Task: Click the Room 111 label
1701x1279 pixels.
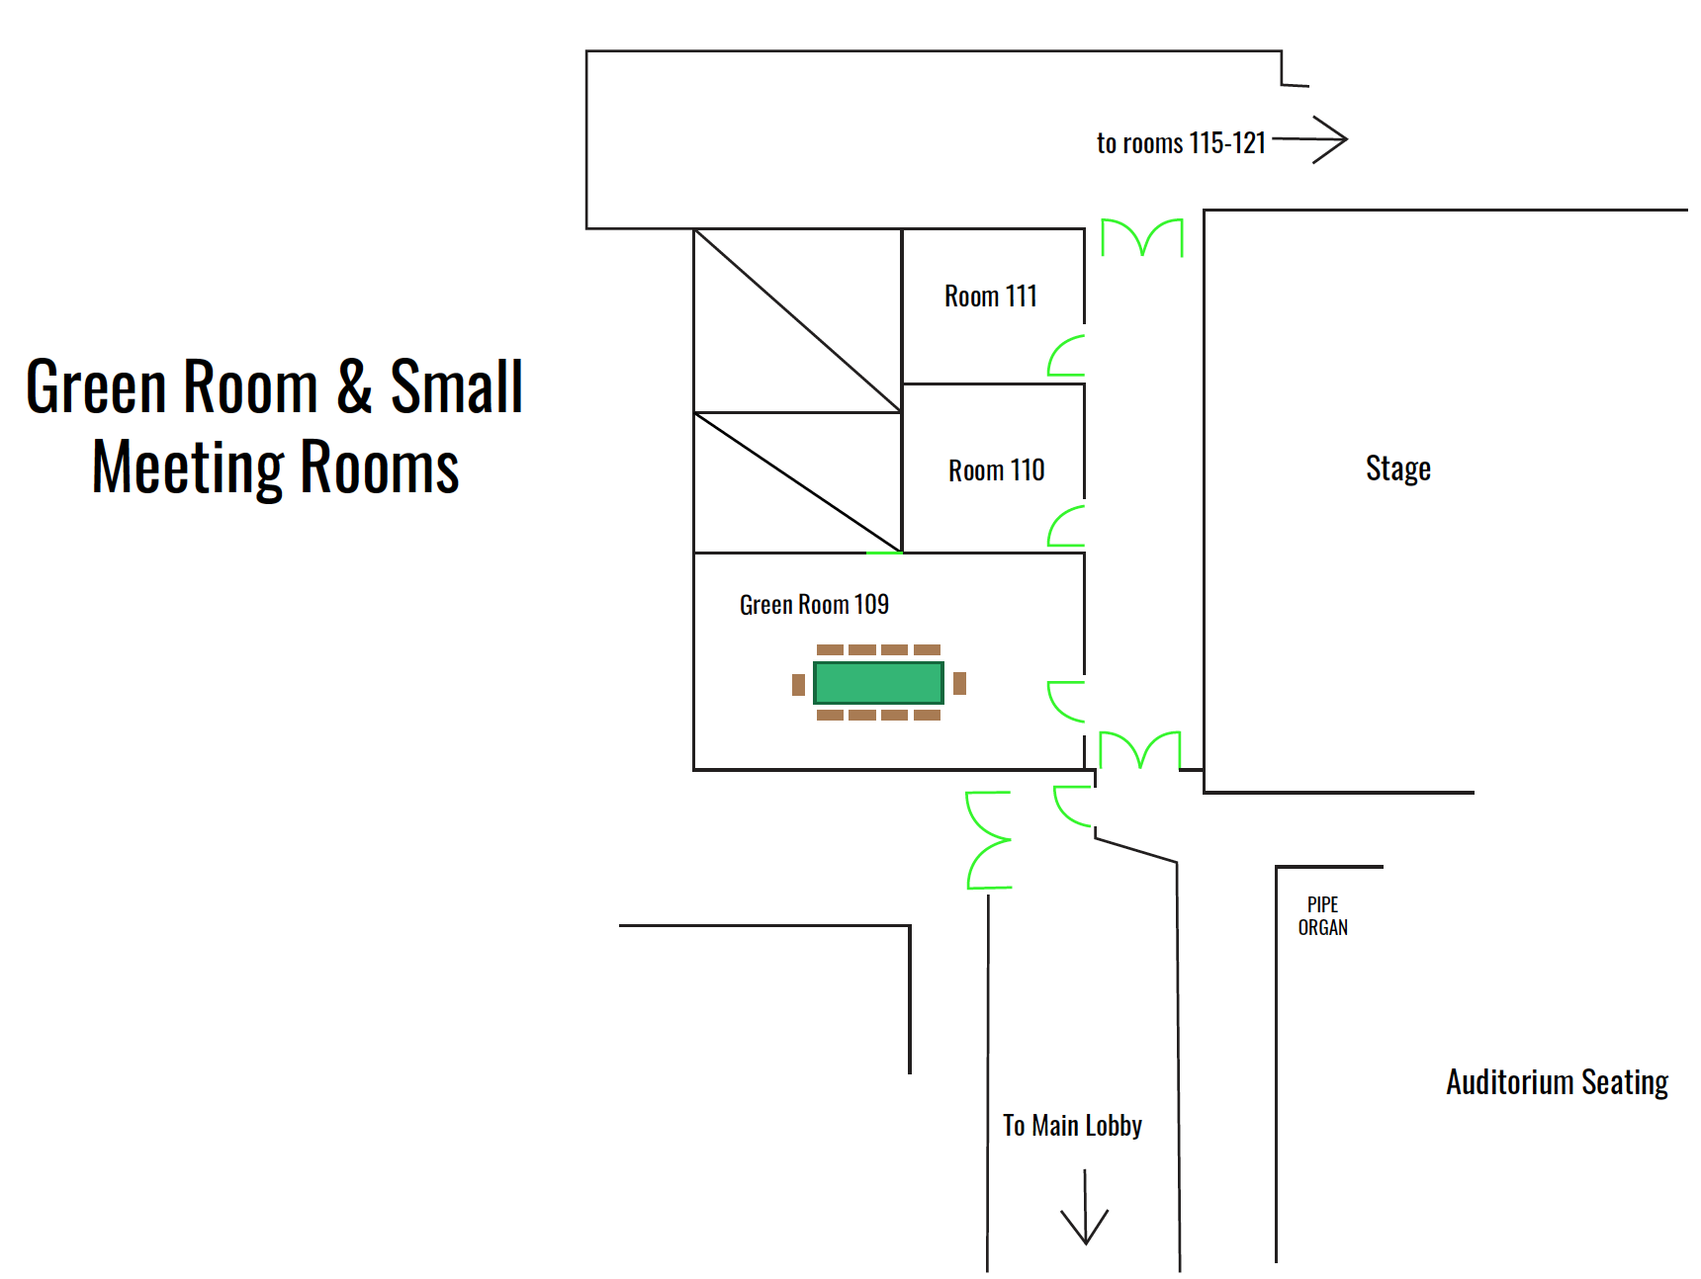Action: tap(990, 296)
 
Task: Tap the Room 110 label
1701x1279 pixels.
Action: tap(996, 470)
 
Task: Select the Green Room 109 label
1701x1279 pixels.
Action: tap(814, 604)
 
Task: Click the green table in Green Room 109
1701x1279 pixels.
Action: tap(878, 683)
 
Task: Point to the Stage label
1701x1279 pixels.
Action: tap(1397, 469)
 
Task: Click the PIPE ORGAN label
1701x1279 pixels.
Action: tap(1322, 916)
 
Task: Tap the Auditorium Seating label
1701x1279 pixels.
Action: tap(1557, 1082)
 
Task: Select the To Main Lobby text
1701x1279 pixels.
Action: tap(1072, 1126)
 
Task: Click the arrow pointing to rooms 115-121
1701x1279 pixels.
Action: tap(1311, 139)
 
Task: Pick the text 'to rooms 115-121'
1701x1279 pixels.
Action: tap(1181, 143)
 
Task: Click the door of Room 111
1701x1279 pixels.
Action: tap(1067, 356)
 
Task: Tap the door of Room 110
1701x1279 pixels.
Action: tap(1067, 526)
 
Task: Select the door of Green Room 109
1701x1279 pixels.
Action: tap(1067, 701)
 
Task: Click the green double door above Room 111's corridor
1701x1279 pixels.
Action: tap(1142, 237)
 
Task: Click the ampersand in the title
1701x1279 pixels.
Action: tap(354, 385)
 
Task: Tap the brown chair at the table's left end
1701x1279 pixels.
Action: tap(798, 685)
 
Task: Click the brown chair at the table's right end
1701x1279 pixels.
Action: tap(959, 683)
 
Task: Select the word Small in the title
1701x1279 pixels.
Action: tap(456, 385)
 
